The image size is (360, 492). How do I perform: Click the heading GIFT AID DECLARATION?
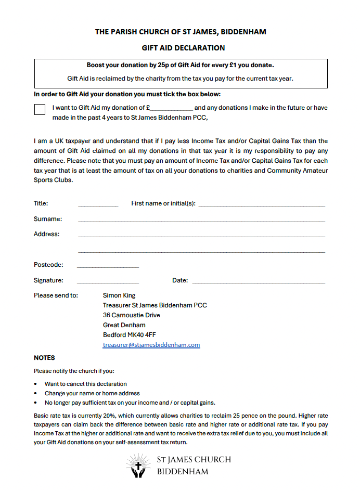pyautogui.click(x=179, y=33)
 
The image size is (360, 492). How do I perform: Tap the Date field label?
pyautogui.click(x=181, y=280)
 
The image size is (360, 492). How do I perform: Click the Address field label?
pyautogui.click(x=47, y=232)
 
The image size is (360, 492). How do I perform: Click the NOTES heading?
pyautogui.click(x=45, y=357)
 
